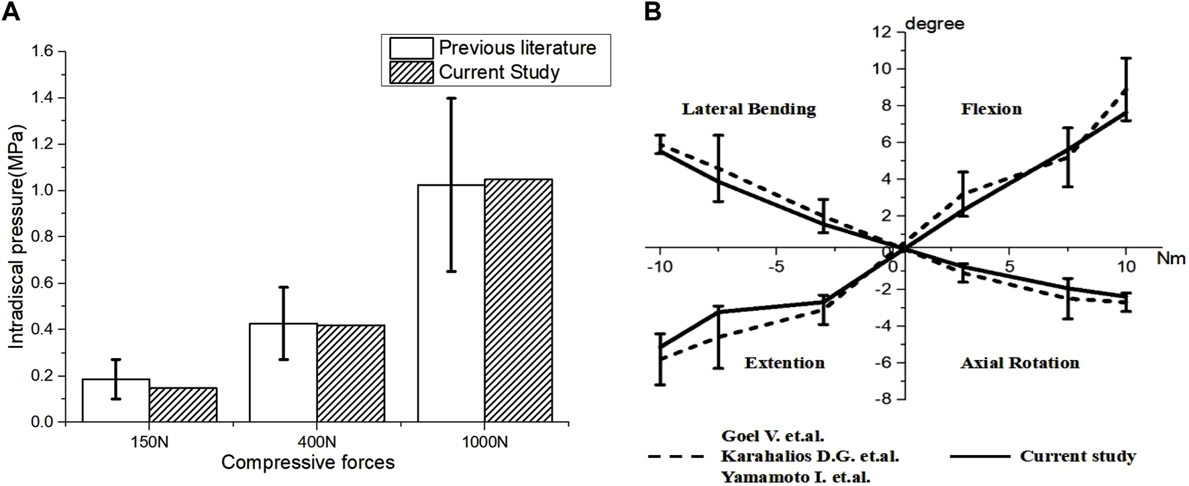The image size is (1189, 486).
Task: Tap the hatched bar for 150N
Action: click(183, 405)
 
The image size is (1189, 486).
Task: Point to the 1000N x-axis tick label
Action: click(484, 442)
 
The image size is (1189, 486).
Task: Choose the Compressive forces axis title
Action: click(308, 463)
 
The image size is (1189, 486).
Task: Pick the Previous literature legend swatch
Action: click(411, 48)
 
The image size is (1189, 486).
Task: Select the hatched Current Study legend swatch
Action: click(411, 72)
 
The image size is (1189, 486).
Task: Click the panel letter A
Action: click(11, 11)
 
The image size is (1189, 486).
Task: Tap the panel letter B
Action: click(652, 11)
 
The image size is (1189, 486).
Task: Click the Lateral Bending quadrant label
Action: click(749, 109)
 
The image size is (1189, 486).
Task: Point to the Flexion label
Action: click(991, 109)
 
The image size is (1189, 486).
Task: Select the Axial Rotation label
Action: click(1020, 363)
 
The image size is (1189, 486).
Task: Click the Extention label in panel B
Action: click(784, 363)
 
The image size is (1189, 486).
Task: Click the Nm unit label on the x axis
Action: click(1171, 258)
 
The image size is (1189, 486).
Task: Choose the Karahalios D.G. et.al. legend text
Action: click(810, 457)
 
